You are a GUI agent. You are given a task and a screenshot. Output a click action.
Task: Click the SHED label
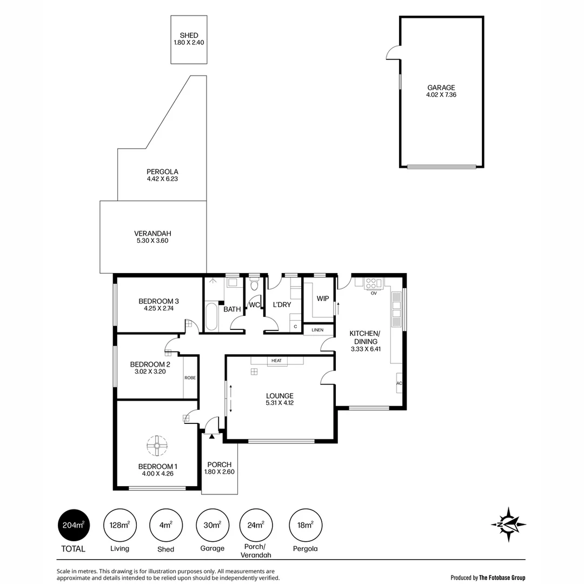click(x=189, y=35)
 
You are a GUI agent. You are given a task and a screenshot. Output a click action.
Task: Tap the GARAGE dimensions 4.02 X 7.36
click(x=441, y=95)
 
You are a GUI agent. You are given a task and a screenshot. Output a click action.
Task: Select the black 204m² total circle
click(x=74, y=525)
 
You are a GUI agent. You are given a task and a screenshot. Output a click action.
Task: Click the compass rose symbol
click(x=508, y=525)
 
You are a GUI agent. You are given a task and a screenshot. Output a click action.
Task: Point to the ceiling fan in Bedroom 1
click(x=157, y=446)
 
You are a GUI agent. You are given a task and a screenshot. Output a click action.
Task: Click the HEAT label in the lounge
click(x=277, y=361)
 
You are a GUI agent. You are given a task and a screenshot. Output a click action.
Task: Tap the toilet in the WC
click(x=254, y=285)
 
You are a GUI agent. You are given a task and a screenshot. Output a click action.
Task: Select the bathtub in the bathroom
click(x=211, y=316)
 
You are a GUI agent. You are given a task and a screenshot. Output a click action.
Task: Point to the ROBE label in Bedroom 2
click(x=190, y=377)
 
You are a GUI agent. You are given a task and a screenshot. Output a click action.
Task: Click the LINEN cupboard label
click(x=317, y=330)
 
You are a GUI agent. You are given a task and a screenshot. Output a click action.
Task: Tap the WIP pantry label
click(x=322, y=298)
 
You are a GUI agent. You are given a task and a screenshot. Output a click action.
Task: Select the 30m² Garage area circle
click(x=213, y=525)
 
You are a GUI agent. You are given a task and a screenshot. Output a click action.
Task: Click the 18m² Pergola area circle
click(x=306, y=525)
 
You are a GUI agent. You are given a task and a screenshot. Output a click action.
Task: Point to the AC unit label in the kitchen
click(x=399, y=383)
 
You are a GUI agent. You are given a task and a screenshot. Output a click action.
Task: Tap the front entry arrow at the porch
click(x=212, y=436)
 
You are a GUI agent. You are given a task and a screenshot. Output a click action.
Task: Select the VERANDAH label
click(x=152, y=234)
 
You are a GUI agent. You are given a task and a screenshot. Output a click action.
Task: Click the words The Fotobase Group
click(x=502, y=578)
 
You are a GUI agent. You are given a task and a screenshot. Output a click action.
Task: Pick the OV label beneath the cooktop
click(x=374, y=294)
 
